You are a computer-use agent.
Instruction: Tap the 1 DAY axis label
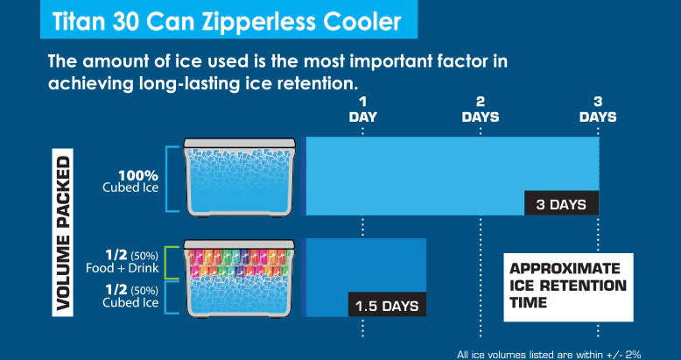[362, 109]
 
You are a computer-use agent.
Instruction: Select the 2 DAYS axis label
[481, 109]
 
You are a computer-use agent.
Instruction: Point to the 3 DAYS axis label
[598, 109]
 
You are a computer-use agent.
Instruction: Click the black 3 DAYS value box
[562, 203]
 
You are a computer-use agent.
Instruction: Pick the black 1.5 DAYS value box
[387, 304]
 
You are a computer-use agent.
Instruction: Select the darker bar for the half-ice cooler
[363, 277]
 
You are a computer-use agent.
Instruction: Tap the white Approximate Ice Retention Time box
[568, 287]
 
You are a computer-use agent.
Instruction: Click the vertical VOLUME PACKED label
[63, 233]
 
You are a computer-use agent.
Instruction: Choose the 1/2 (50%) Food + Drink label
[123, 261]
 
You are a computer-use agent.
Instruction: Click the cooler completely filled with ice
[239, 177]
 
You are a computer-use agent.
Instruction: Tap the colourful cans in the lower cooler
[239, 263]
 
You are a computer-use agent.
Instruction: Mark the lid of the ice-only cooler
[239, 143]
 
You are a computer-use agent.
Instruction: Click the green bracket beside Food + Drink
[172, 262]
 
